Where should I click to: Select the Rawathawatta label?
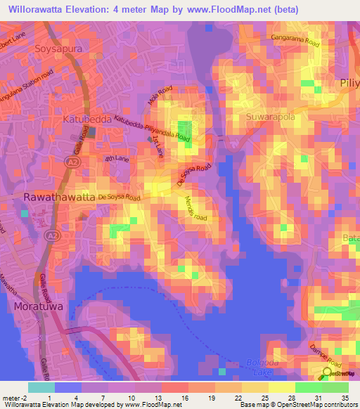point(58,198)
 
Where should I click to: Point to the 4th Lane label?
point(114,160)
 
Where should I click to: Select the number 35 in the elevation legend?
point(345,398)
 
